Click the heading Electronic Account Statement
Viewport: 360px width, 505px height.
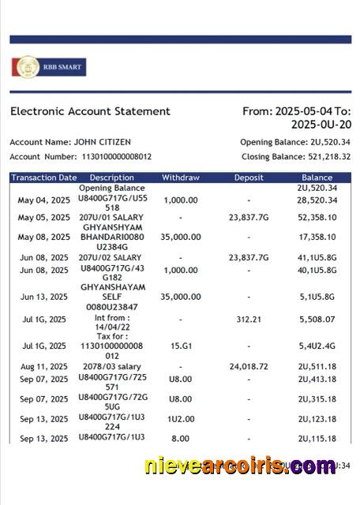90,112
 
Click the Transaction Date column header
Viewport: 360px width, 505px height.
44,178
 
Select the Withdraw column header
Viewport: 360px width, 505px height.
181,178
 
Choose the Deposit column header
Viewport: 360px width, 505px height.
249,178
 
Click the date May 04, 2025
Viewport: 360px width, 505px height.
44,200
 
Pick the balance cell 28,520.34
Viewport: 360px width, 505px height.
317,200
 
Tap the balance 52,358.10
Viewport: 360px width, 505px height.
317,217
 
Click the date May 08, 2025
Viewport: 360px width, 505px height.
44,237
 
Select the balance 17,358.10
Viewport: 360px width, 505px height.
317,237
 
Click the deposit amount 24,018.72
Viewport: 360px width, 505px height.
249,367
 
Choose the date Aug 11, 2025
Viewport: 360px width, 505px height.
44,367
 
